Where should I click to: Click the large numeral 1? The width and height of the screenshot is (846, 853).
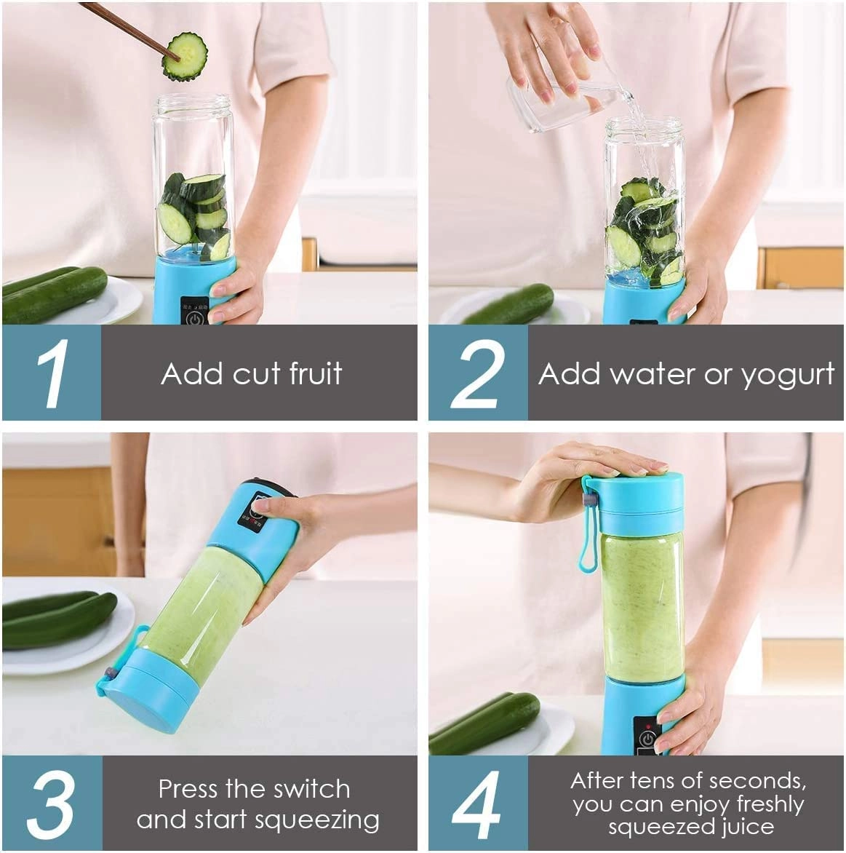click(52, 373)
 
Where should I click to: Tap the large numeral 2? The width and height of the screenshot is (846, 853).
click(477, 373)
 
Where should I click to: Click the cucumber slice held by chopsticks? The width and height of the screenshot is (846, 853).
click(185, 56)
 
